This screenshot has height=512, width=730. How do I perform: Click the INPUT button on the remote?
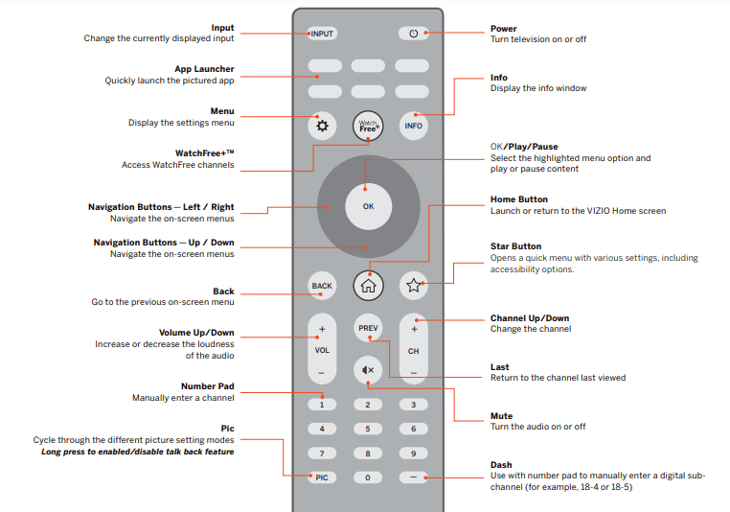click(x=323, y=34)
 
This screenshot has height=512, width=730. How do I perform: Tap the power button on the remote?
click(x=413, y=34)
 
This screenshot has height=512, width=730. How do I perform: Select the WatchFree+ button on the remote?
click(x=368, y=126)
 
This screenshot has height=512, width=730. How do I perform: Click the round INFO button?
click(x=413, y=126)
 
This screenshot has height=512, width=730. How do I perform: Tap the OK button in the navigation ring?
click(x=368, y=206)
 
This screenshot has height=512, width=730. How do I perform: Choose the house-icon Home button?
click(x=368, y=285)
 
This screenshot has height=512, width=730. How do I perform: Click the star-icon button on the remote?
click(x=413, y=285)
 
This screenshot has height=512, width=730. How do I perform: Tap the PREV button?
click(x=368, y=328)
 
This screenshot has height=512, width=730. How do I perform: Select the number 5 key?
click(x=368, y=429)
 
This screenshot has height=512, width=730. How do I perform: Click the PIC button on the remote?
click(x=323, y=477)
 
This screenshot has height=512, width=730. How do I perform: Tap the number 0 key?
click(x=368, y=477)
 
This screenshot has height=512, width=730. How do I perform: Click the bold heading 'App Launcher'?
click(x=204, y=69)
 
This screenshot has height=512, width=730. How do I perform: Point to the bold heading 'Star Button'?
click(x=515, y=246)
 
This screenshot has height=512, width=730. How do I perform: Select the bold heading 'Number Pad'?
click(x=207, y=386)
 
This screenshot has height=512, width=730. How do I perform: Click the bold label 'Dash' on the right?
click(x=501, y=465)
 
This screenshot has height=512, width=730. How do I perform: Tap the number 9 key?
click(x=413, y=454)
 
